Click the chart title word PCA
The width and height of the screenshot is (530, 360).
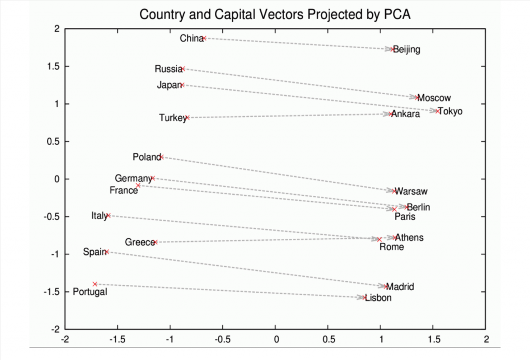coord(397,14)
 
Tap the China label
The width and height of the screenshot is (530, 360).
coord(191,38)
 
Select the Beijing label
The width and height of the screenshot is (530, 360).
coord(407,50)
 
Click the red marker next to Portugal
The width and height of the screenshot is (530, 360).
coord(95,284)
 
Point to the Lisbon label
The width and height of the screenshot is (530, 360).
coord(378,298)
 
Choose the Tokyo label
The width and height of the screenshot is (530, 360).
coord(450,111)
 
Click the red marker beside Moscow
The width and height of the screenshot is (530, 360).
coord(417,97)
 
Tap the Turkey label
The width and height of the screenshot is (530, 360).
coord(172,118)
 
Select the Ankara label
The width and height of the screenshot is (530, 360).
coord(406,114)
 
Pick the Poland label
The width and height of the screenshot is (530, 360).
coord(146,157)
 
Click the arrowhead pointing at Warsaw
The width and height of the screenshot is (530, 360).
coord(392,191)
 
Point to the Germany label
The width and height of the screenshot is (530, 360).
coord(133,179)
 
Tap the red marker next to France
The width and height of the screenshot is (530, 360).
coord(138,185)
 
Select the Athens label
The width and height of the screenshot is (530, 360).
coord(409,238)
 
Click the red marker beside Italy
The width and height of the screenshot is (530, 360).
coord(108,215)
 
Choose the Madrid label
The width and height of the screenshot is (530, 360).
coord(400,286)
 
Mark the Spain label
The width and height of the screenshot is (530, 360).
coord(94,252)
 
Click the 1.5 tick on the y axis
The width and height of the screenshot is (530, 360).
coord(53,66)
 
